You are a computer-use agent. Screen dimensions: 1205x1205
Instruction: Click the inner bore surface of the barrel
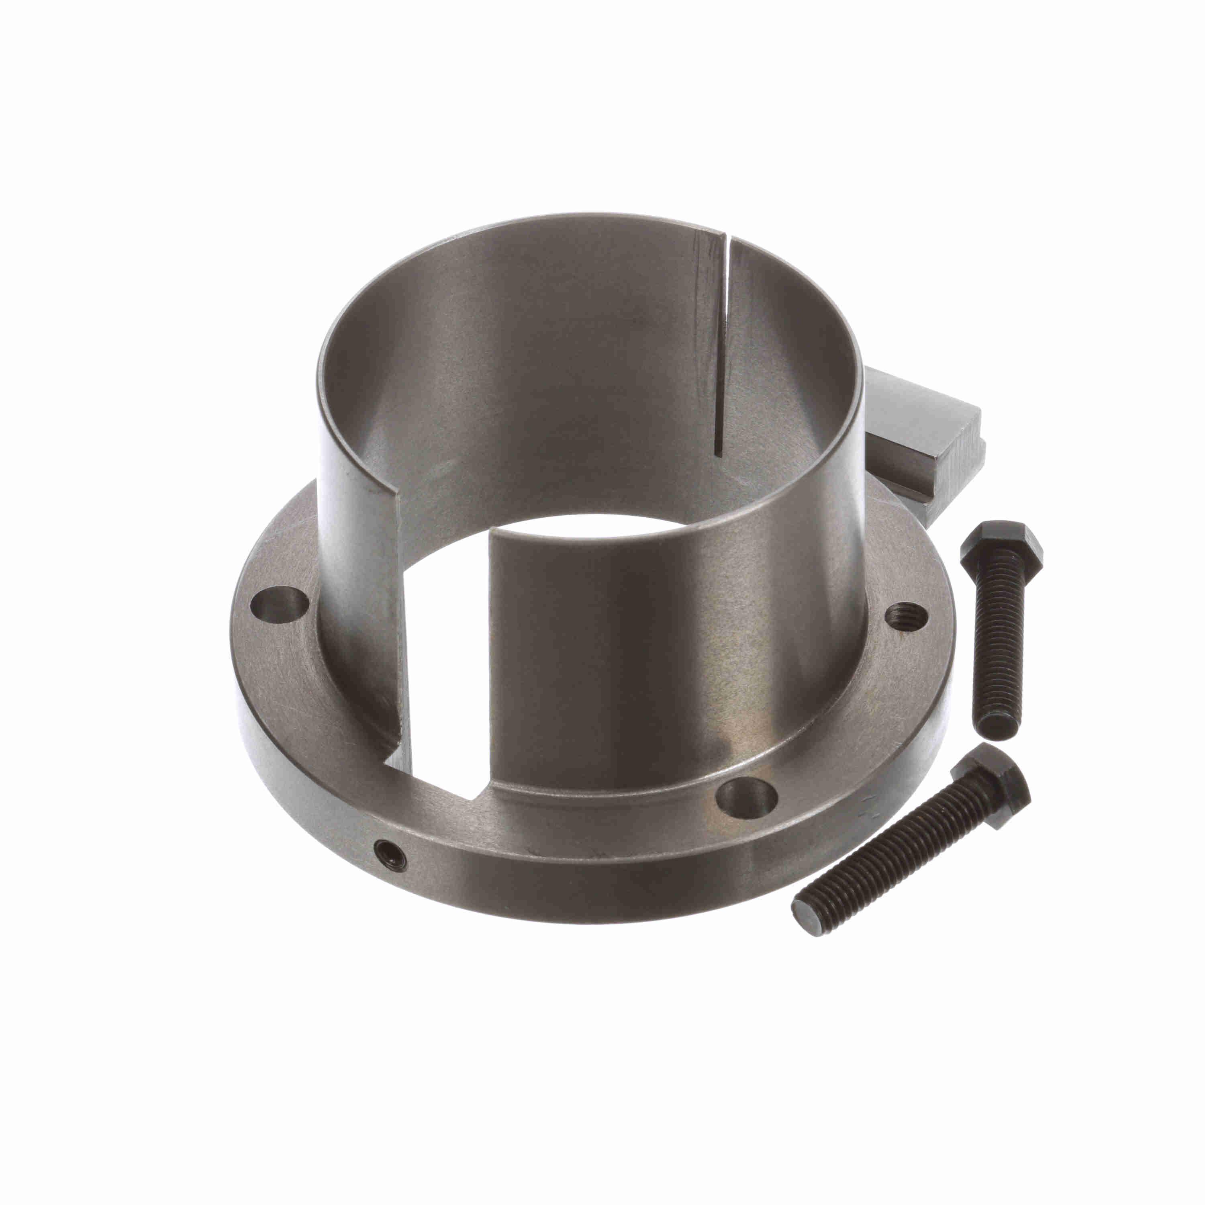(530, 374)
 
